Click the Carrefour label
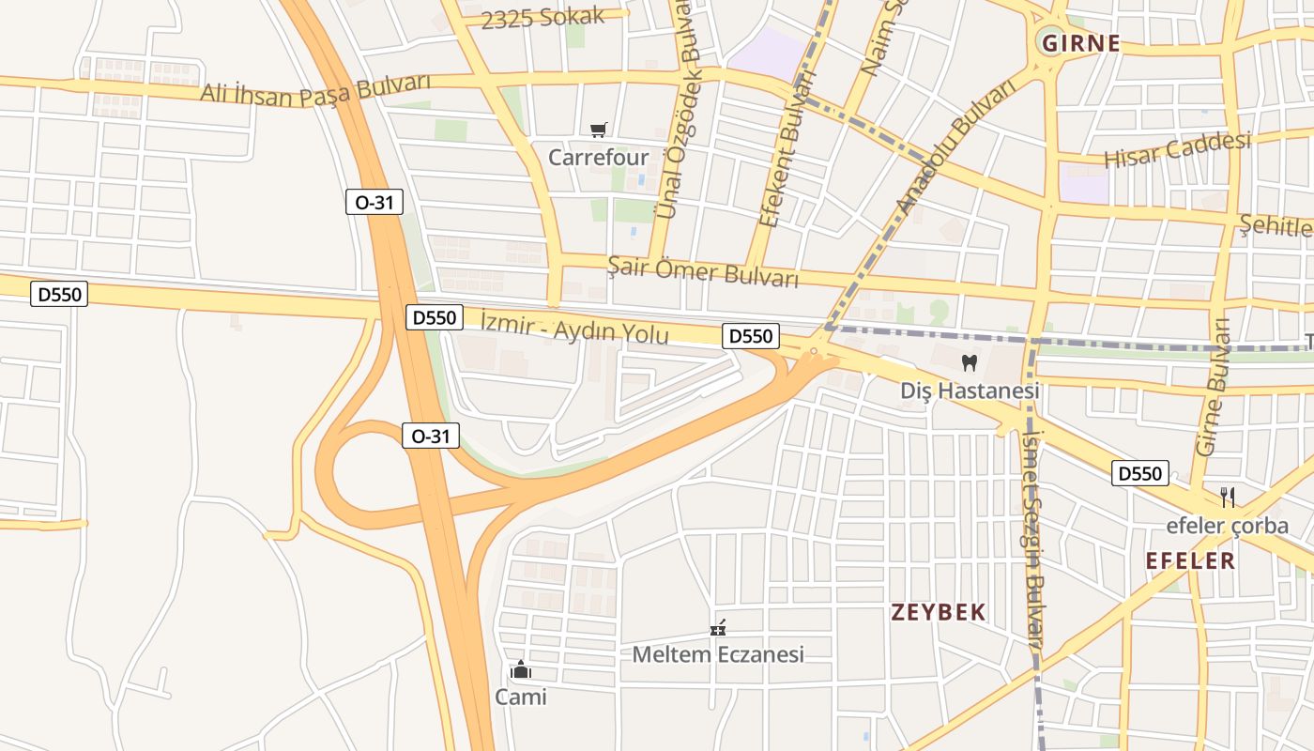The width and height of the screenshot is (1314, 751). click(598, 156)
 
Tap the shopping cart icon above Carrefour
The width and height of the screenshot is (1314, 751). click(598, 130)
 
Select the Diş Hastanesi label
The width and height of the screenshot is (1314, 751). click(970, 390)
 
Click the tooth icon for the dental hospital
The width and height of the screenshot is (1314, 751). click(970, 362)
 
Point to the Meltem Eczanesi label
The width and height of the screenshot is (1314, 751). click(718, 654)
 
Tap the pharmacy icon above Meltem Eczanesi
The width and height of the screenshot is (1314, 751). click(718, 628)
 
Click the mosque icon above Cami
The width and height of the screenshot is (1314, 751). click(520, 669)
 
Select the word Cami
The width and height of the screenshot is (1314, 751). click(520, 697)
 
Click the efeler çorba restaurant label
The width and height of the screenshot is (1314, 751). click(1227, 526)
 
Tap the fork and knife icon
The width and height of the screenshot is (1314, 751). click(1227, 497)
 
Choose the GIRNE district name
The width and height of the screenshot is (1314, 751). click(1081, 43)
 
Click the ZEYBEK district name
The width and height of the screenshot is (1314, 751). click(938, 613)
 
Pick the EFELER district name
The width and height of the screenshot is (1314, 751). click(1190, 561)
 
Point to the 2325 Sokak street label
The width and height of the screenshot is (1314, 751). click(542, 18)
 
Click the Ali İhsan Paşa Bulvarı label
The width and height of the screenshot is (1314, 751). click(314, 91)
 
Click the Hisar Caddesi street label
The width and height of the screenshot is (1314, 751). click(1177, 150)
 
